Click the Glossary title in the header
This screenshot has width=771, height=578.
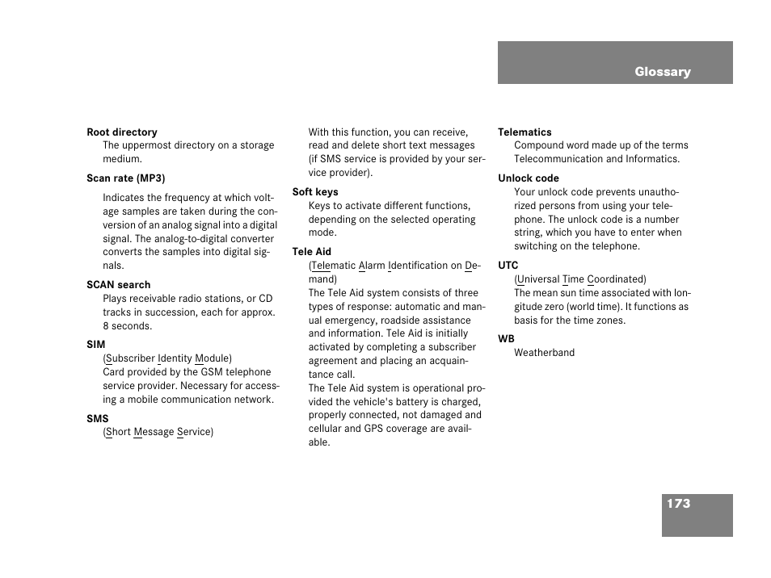[662, 72]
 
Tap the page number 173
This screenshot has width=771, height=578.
[678, 504]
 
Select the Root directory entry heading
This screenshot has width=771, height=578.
[122, 132]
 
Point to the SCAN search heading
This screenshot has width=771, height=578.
[119, 285]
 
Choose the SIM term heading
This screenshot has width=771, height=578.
[96, 345]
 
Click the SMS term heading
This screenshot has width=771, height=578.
[98, 419]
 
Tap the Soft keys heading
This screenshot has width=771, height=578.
[315, 192]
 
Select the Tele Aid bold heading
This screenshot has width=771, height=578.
[312, 252]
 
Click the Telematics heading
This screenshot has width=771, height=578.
[525, 132]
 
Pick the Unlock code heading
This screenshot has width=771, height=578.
[529, 178]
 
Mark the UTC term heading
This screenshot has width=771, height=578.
[508, 266]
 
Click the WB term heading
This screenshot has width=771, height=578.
[506, 339]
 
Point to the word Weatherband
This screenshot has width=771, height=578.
[544, 353]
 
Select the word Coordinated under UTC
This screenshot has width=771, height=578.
[617, 279]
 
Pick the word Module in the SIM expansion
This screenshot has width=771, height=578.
[213, 358]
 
